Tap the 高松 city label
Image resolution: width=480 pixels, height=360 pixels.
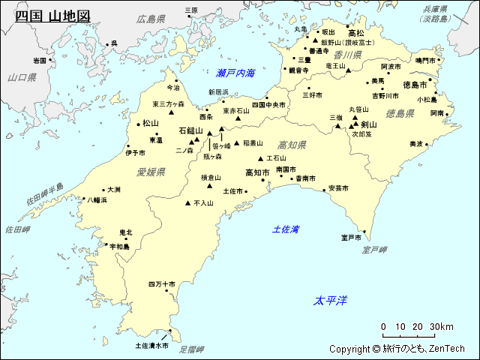[356, 33]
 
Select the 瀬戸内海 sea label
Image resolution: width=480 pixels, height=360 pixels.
[235, 73]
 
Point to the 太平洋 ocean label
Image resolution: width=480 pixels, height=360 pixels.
[330, 301]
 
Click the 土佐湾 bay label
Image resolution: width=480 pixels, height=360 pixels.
[286, 229]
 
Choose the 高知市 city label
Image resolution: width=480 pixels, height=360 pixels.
[257, 172]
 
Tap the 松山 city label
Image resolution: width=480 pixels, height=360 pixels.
[151, 123]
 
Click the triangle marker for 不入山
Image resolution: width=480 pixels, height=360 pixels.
[187, 202]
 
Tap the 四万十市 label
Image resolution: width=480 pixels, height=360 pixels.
[161, 284]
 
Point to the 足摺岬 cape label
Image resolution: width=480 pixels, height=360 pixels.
[192, 349]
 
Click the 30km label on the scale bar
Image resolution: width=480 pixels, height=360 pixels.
[442, 326]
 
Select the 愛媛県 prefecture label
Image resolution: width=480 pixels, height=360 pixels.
[151, 172]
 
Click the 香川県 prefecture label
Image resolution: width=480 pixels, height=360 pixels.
[348, 55]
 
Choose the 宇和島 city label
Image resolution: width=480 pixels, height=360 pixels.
[119, 246]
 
